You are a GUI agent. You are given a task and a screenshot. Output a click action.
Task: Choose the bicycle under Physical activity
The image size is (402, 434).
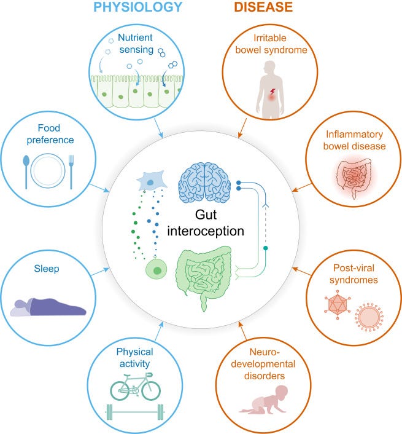[x=134, y=386]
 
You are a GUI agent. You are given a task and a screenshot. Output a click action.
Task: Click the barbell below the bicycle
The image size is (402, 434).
[x=134, y=411]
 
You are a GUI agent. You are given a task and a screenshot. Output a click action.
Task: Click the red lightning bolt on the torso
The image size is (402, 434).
[x=271, y=93]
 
